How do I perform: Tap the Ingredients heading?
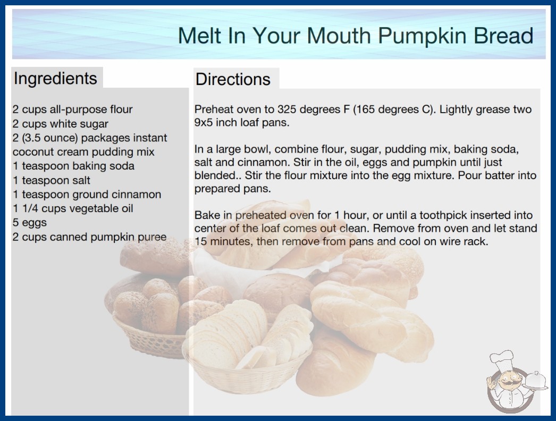coord(55,78)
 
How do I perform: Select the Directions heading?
coord(233,79)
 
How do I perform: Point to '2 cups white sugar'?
coord(60,124)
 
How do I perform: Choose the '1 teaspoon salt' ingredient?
coord(52,180)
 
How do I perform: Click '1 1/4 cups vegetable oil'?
coord(73,208)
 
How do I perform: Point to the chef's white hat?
coord(502,359)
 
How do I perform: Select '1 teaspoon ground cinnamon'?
coord(87,195)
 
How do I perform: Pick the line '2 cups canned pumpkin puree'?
coord(89,237)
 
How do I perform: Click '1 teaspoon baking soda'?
coord(73,166)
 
